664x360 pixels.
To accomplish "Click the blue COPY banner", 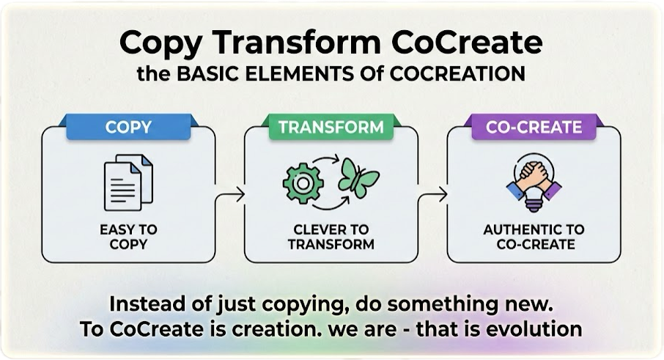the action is [128, 127].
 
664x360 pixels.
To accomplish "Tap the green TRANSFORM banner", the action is [331, 127].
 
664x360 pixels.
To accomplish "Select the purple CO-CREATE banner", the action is [534, 127].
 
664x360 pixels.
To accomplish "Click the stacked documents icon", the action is [128, 183].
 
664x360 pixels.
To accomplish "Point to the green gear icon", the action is [303, 183].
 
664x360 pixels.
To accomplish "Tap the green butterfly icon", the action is [358, 178].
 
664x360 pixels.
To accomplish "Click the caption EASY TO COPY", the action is [128, 237].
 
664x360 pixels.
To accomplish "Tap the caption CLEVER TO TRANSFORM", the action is [331, 237].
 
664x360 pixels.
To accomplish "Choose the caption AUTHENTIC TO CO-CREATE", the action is [534, 237].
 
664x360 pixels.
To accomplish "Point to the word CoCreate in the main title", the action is [467, 43].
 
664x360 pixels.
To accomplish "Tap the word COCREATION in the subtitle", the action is [457, 74].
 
